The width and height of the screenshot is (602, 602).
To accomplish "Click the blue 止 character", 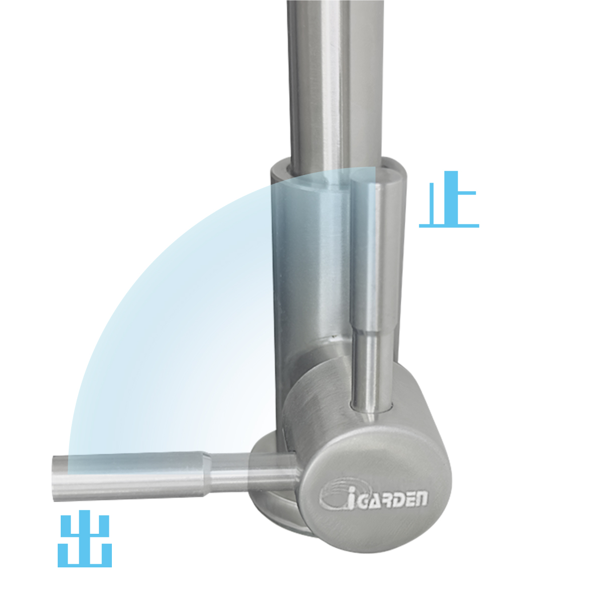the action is [449, 199].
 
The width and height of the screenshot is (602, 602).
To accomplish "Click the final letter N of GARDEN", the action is [422, 499].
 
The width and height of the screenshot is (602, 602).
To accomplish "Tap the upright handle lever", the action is [371, 297].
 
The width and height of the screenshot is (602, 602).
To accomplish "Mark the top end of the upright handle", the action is [371, 180].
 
